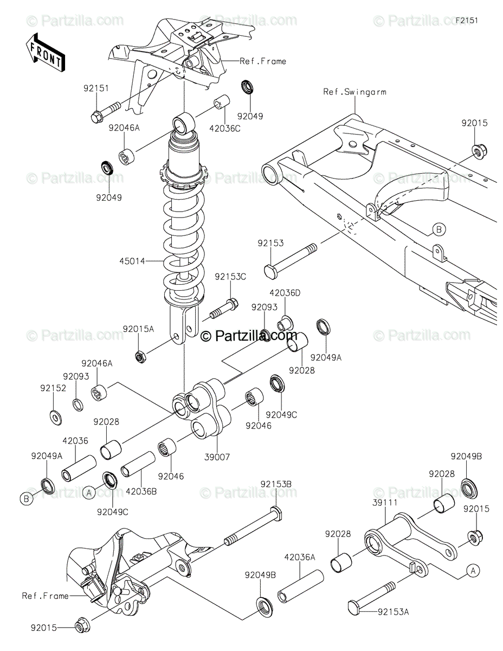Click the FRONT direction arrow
[45, 51]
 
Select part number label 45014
[132, 261]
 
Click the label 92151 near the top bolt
[96, 88]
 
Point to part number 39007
[217, 457]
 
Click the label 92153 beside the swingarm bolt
[270, 244]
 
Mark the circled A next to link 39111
[473, 570]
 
